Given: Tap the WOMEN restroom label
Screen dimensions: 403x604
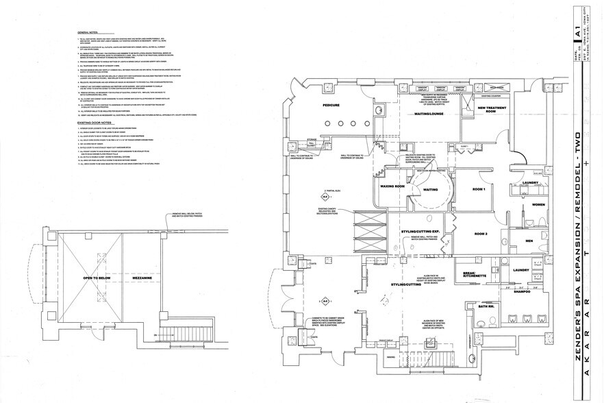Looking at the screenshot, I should [539, 205].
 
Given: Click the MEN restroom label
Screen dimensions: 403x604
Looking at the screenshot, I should [529, 241].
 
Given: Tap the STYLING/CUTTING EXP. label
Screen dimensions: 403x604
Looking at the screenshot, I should [420, 233].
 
